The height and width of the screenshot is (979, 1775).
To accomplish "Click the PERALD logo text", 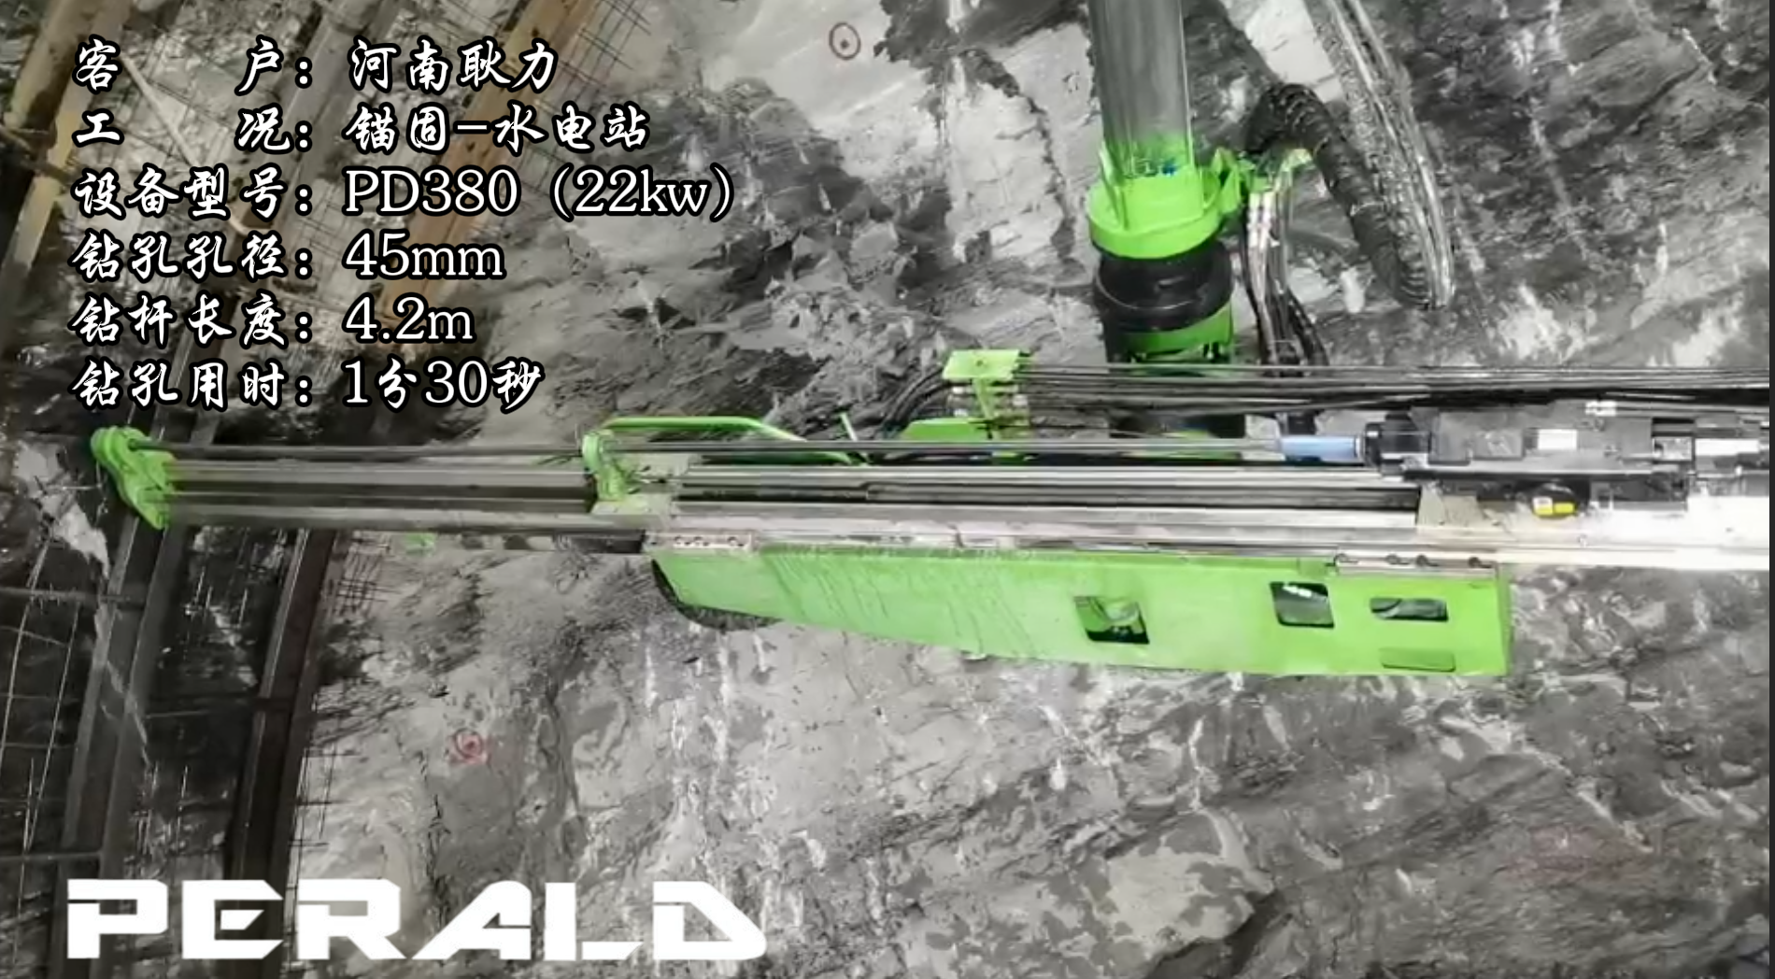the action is [x=416, y=919].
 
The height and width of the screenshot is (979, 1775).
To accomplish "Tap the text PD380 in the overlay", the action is [x=431, y=192].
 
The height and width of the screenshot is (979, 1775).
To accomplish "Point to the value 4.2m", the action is [x=409, y=319].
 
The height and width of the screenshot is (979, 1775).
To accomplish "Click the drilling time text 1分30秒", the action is [x=443, y=383].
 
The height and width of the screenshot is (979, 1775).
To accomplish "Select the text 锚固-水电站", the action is [x=496, y=129].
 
